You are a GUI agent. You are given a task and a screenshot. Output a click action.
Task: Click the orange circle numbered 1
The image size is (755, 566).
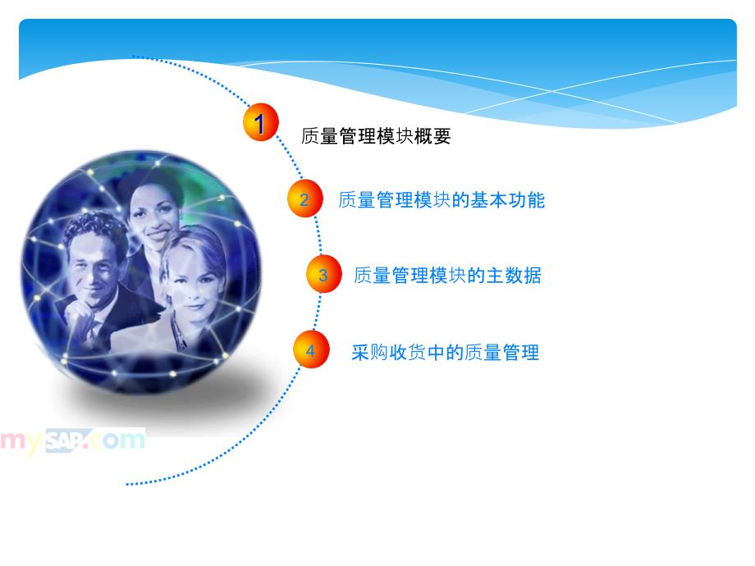pos(260,121)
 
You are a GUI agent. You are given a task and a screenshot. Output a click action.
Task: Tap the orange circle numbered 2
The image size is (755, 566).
pos(304,198)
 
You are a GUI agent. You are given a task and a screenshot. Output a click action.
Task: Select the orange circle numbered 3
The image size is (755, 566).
pos(323,274)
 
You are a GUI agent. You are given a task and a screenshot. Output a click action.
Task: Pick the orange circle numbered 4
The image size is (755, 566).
pos(311,349)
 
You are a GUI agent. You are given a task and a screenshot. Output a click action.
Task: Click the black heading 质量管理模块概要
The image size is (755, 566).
pos(376,136)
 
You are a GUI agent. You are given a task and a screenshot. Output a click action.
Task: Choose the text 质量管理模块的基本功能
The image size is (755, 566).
pos(442,200)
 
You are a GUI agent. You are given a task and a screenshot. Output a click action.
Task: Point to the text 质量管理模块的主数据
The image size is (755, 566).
pos(447,276)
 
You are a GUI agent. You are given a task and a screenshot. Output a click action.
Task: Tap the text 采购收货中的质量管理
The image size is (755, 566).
pos(445,352)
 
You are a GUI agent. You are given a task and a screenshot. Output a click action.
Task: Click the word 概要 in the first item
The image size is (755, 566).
pos(432,136)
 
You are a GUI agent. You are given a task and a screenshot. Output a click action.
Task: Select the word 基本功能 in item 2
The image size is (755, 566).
pos(507,200)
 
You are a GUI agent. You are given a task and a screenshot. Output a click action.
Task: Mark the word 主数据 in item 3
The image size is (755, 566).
pos(514,276)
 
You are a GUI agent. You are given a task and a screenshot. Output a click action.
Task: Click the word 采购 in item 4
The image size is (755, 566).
pos(369,352)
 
